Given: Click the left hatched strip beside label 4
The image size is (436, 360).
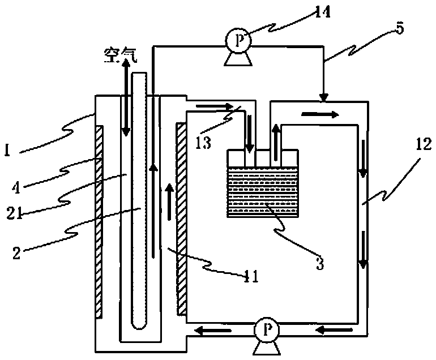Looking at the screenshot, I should (100, 221).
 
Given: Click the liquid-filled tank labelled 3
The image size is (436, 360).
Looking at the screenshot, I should (262, 190).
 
